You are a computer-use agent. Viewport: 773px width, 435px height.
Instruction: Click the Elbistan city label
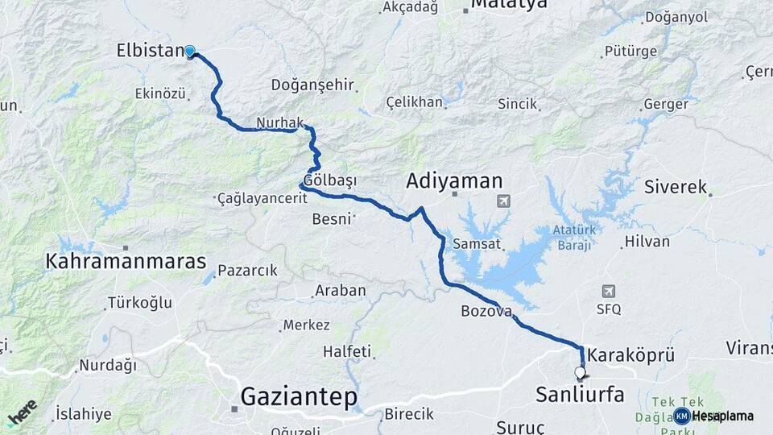tap(151, 51)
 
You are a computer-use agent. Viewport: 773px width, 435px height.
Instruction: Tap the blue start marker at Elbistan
tap(190, 52)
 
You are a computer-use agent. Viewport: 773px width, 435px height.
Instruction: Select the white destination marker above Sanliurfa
tap(580, 373)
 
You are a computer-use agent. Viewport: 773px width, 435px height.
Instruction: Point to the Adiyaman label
tap(454, 180)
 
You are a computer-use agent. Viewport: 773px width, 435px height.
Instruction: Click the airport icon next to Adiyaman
tap(504, 201)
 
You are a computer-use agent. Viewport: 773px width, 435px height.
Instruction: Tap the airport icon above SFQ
tap(609, 291)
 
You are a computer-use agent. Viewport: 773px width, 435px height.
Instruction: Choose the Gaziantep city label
tap(298, 397)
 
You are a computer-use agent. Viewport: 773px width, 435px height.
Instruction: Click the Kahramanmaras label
tap(126, 262)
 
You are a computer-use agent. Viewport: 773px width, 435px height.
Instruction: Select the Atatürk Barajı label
tap(573, 237)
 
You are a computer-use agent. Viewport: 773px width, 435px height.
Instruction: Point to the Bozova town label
tap(486, 311)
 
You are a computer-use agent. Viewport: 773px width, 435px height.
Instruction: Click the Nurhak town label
tap(278, 122)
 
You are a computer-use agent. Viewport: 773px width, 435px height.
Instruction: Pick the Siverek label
tap(675, 187)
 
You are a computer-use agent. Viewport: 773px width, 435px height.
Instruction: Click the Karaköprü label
tap(630, 354)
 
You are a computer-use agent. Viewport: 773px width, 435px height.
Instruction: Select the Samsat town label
tap(478, 243)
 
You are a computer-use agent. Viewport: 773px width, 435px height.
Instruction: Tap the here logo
tap(22, 413)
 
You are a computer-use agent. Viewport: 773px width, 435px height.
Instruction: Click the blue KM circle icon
tap(682, 416)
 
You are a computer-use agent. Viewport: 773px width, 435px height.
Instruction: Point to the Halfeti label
tap(347, 351)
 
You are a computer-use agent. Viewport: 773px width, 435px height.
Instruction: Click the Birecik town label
tap(409, 413)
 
